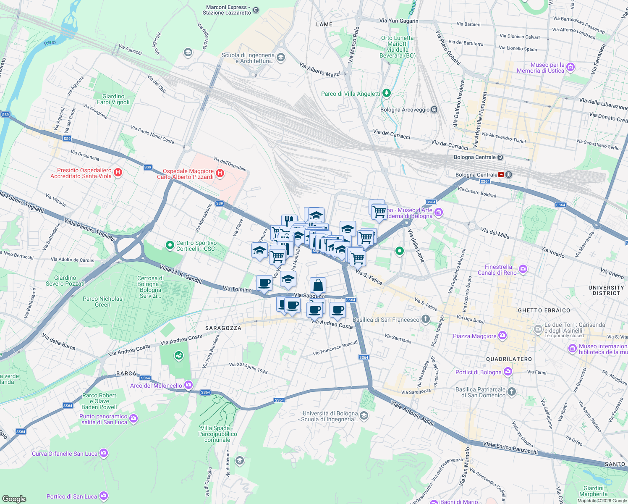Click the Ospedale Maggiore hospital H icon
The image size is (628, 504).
coord(220,173)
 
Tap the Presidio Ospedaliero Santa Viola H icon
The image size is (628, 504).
coord(118,172)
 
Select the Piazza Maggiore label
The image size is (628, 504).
coord(474,336)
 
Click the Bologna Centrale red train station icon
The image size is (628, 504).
coord(501,175)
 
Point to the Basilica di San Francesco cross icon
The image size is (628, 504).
coord(426,319)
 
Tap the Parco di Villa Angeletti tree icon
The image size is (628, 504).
coord(386,93)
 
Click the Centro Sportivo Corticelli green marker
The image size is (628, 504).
coord(170,245)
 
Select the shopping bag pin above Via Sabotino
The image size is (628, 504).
coord(318,286)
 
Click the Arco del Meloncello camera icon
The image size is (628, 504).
coord(188,385)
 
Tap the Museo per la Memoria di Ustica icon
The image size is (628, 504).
coord(570,67)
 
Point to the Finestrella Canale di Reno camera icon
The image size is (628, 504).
coord(523,269)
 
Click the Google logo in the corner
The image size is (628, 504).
coord(14,499)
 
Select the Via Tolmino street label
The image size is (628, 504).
coord(237,289)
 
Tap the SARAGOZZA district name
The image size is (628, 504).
coord(223,328)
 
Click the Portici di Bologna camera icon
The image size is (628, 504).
coord(508,372)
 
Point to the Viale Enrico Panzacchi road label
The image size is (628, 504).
coord(510,448)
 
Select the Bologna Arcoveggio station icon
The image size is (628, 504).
coord(434,110)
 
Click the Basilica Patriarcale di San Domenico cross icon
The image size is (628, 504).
coord(511,392)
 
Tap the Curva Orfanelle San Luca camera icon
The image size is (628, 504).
coord(104,453)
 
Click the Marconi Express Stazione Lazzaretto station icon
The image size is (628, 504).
coord(256,10)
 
